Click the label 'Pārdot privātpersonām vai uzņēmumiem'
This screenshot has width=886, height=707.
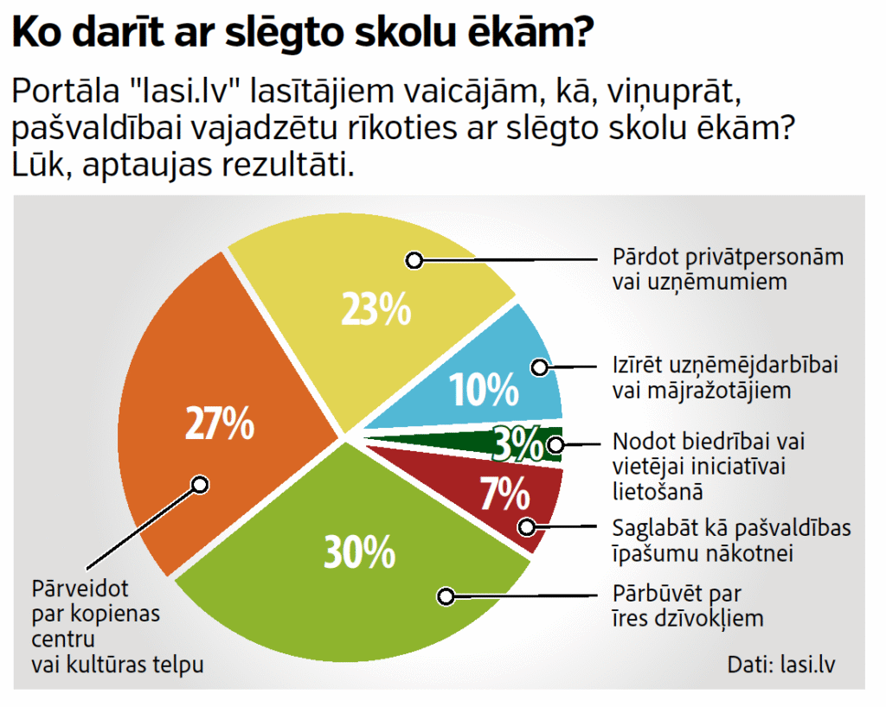click(x=728, y=269)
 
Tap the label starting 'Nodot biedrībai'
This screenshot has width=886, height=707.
click(x=709, y=465)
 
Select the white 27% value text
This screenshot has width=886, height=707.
click(x=220, y=424)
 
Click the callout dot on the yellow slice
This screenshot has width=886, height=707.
click(x=414, y=258)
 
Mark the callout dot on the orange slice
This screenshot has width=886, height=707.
click(x=200, y=484)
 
